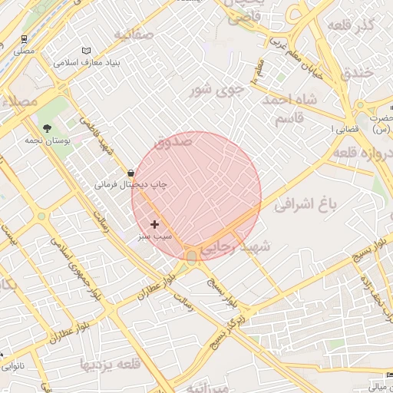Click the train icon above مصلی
pyautogui.click(x=25, y=38)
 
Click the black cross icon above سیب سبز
pyautogui.click(x=155, y=224)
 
